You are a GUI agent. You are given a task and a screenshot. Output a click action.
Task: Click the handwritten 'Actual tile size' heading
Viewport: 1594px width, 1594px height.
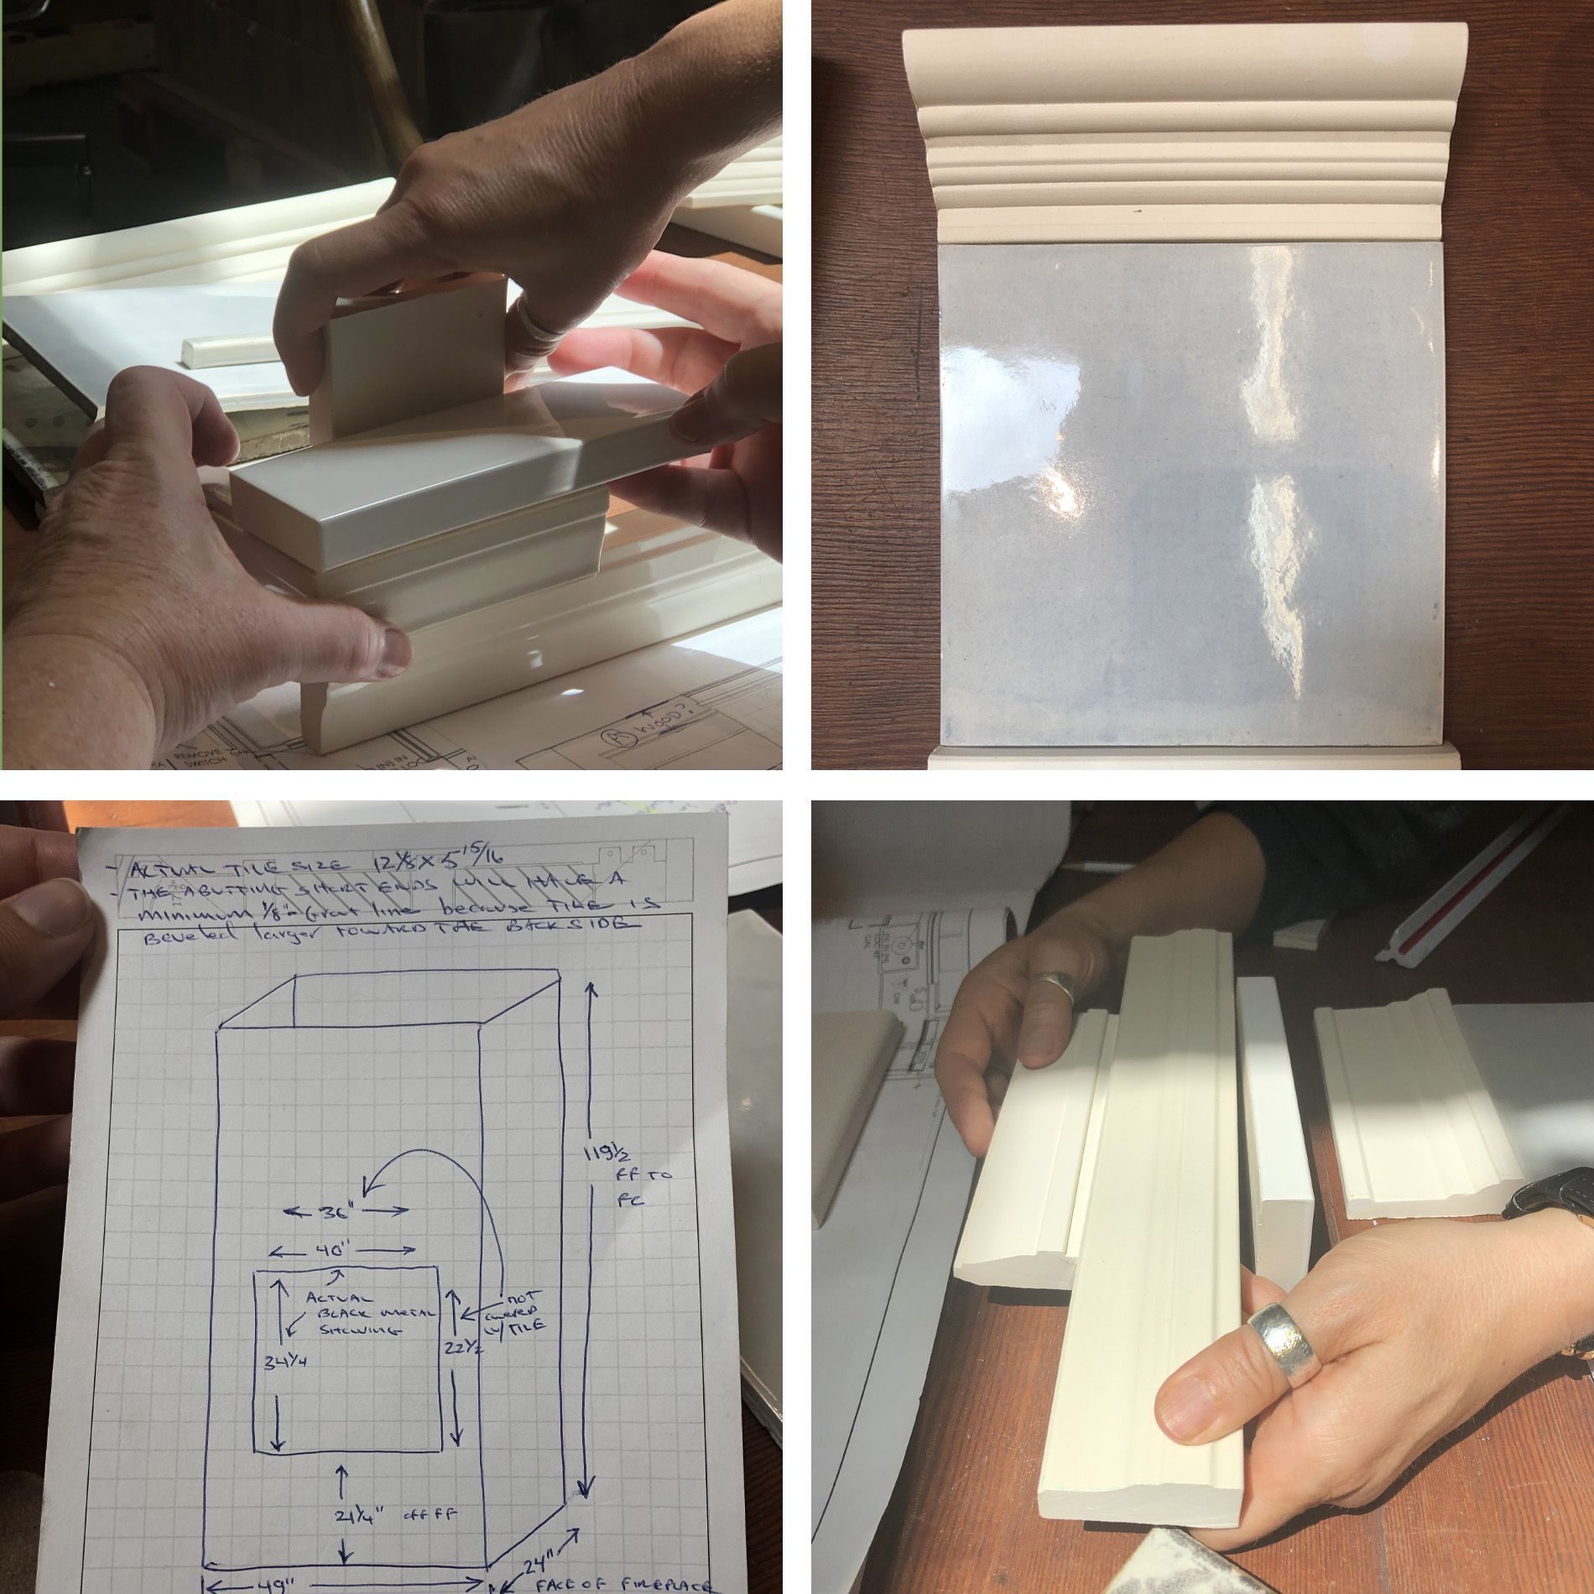(x=235, y=867)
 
